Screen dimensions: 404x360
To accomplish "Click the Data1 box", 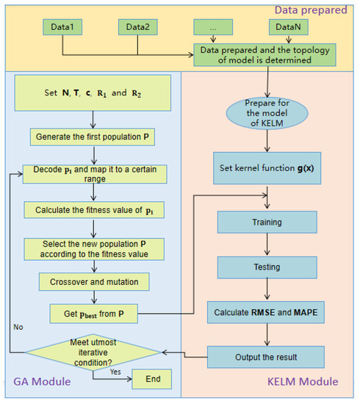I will (x=62, y=26).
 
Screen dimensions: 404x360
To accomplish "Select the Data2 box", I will (x=137, y=26).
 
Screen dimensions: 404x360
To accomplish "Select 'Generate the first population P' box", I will (x=93, y=137).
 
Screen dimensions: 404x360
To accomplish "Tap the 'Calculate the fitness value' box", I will (x=93, y=210).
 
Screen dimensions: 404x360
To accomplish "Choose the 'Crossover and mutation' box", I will (x=93, y=281).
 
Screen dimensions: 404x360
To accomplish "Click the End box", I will (x=151, y=378).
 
